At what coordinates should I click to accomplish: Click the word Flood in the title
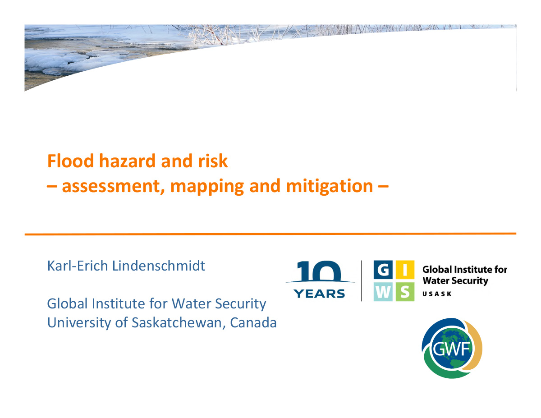tap(70, 161)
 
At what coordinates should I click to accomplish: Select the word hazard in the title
tap(128, 161)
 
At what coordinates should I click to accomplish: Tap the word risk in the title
tap(213, 161)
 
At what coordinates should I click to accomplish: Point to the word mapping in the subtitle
tap(207, 187)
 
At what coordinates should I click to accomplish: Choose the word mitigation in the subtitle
tap(330, 186)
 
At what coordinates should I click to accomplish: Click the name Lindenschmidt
tap(159, 266)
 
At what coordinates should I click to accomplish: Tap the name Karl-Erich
tap(78, 266)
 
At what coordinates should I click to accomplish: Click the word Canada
tap(253, 323)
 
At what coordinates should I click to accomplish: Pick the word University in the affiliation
tap(79, 323)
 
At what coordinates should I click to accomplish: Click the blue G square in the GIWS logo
tap(383, 270)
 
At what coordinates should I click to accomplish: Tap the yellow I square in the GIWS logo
tap(405, 270)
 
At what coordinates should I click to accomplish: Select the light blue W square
tap(383, 292)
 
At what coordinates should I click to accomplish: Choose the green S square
tap(405, 292)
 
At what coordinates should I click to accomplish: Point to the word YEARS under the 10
tap(319, 294)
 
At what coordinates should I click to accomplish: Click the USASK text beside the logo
tap(437, 294)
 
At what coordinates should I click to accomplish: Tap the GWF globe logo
tap(452, 348)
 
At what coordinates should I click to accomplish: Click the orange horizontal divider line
tap(270, 234)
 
